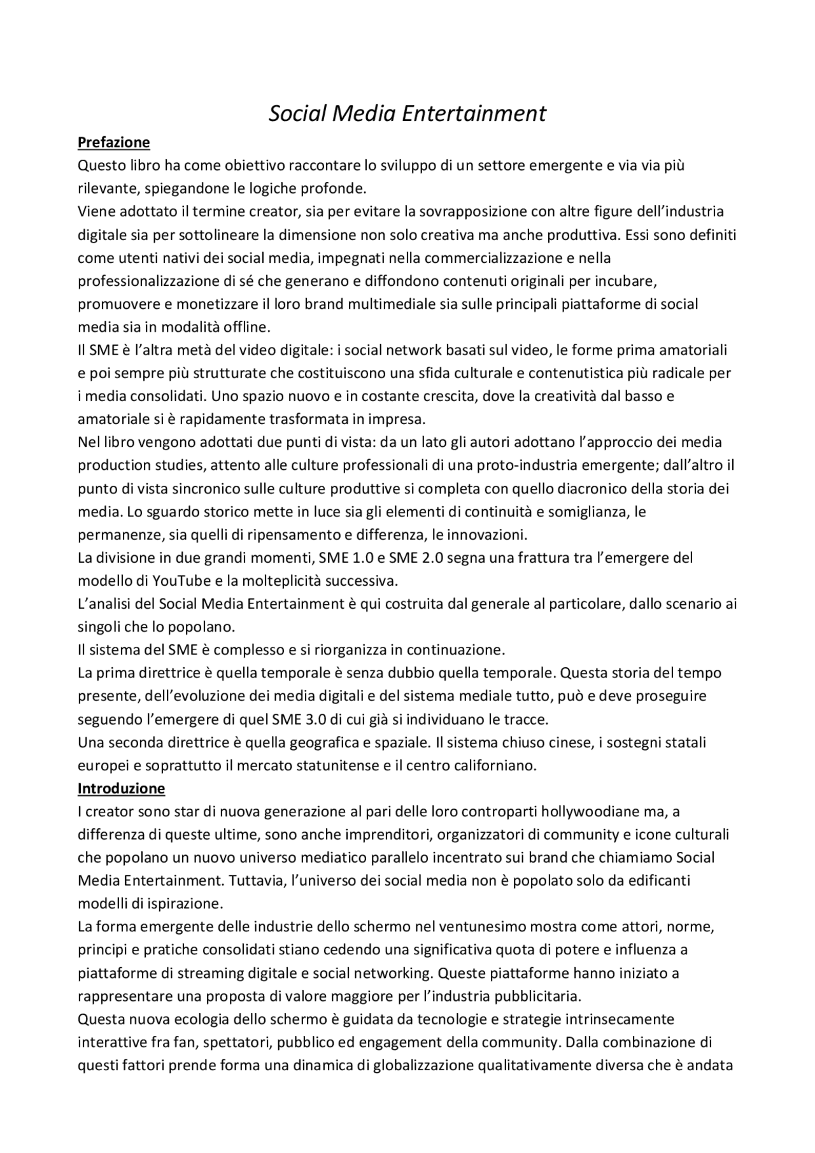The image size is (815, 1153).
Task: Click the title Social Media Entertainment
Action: tap(407, 113)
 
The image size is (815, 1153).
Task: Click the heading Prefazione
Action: tap(113, 142)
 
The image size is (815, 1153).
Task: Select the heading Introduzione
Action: tap(121, 789)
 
